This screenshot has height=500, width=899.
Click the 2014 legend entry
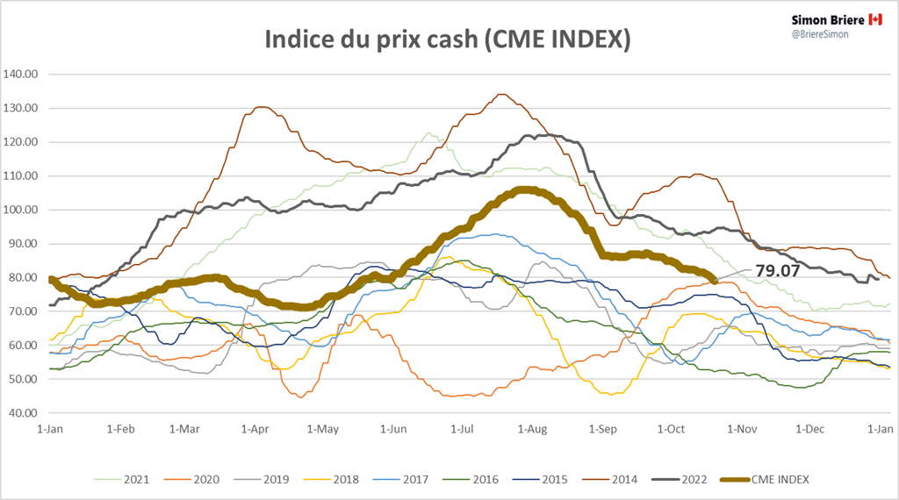[639, 479]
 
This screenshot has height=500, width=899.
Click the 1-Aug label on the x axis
[533, 429]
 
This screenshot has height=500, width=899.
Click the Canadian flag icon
[874, 18]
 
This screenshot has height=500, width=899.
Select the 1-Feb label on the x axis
[120, 429]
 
